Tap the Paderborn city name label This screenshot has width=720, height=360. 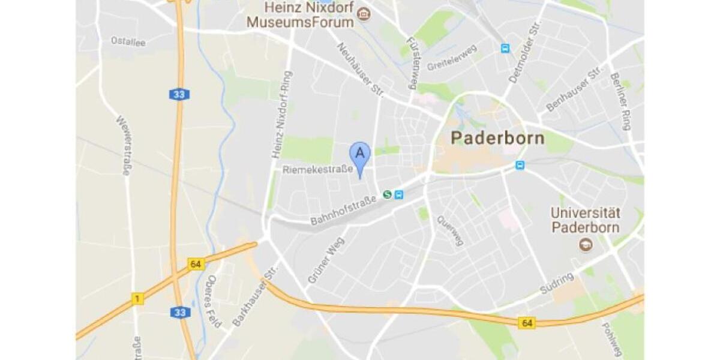497,138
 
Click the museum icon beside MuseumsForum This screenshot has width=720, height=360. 363,13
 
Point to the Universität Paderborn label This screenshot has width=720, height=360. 586,220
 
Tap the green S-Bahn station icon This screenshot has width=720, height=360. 388,194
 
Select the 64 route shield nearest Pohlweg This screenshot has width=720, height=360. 527,323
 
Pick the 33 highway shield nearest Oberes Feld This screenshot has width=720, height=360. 179,313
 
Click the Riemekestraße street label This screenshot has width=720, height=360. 317,170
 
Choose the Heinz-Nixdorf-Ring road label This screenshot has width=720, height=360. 283,115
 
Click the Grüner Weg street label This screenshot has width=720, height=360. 323,264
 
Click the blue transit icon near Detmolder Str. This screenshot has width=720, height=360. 505,48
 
